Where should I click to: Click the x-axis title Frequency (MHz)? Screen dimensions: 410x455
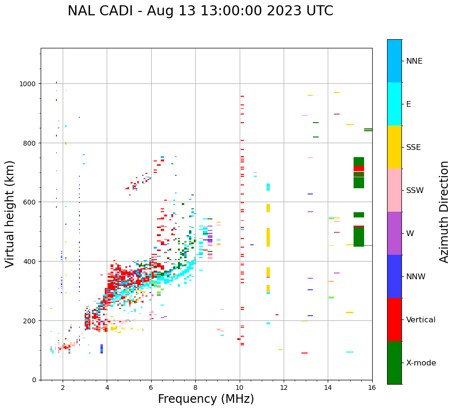tap(206, 399)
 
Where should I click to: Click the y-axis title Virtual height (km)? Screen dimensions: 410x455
tap(10, 214)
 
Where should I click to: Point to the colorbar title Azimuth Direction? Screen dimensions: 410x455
tap(444, 212)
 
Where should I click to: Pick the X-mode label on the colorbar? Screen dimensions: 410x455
tap(421, 363)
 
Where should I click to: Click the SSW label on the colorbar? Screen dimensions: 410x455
tap(415, 191)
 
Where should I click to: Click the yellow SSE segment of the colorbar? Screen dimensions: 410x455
tap(394, 147)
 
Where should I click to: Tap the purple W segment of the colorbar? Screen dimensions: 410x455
tap(394, 233)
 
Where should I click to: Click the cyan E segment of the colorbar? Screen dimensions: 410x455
tap(394, 104)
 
